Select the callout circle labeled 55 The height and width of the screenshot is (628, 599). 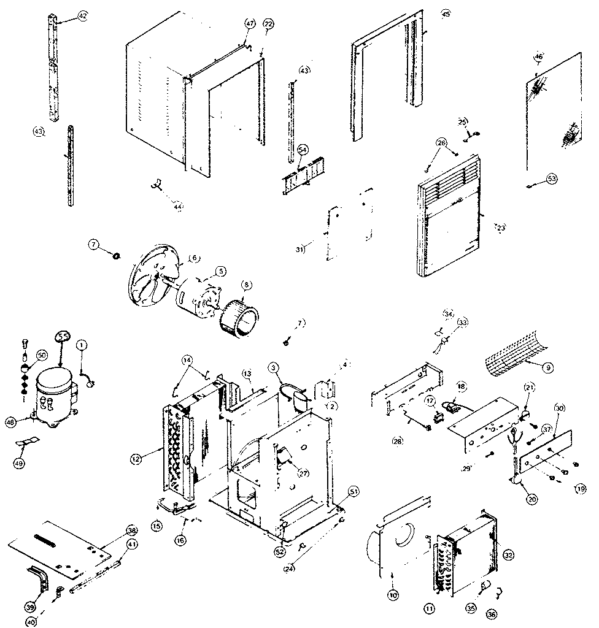(63, 335)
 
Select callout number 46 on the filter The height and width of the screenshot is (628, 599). (539, 56)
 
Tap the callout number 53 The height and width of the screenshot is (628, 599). (552, 178)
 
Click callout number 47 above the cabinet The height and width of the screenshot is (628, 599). (250, 23)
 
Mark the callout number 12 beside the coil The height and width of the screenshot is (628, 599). (136, 458)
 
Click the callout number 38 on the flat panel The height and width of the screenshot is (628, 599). (132, 531)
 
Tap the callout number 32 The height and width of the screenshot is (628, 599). (508, 554)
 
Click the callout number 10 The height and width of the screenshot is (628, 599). (393, 594)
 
